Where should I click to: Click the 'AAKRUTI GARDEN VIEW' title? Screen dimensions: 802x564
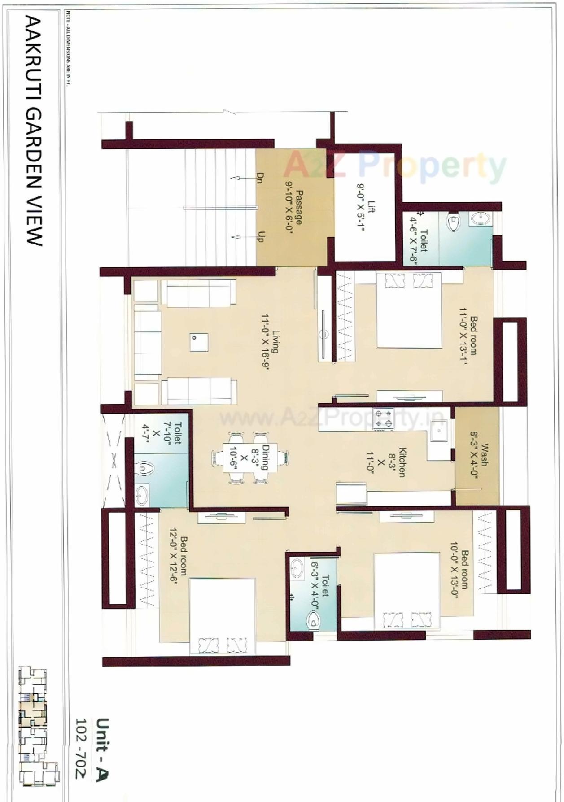click(x=34, y=131)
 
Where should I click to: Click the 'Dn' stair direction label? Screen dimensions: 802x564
click(x=259, y=178)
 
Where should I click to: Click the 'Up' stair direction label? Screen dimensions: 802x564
click(x=259, y=236)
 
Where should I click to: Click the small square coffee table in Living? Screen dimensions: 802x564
click(x=198, y=342)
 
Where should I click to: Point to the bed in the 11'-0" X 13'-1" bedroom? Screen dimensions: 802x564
click(x=408, y=309)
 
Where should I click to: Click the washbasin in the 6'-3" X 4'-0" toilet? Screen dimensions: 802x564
click(x=297, y=569)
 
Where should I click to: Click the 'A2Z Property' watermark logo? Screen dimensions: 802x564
click(x=395, y=166)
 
